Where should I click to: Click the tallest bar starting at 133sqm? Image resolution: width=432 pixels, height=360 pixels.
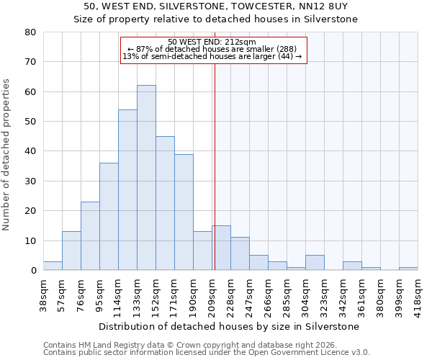pyautogui.click(x=146, y=178)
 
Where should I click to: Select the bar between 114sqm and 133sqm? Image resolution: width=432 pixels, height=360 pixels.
pyautogui.click(x=127, y=190)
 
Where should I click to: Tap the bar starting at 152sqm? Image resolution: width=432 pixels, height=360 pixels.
pyautogui.click(x=165, y=203)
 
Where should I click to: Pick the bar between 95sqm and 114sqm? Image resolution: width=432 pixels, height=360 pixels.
pyautogui.click(x=109, y=217)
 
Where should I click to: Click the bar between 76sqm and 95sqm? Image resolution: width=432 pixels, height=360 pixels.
pyautogui.click(x=90, y=236)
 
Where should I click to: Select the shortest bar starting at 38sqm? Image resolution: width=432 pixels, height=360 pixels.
pyautogui.click(x=53, y=266)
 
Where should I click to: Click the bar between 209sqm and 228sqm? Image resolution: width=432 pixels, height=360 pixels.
pyautogui.click(x=221, y=248)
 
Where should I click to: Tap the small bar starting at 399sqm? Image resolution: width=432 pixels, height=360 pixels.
pyautogui.click(x=408, y=269)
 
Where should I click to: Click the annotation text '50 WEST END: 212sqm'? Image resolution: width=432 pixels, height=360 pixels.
pyautogui.click(x=212, y=42)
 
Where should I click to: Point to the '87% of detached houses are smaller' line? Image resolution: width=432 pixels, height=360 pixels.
pyautogui.click(x=213, y=49)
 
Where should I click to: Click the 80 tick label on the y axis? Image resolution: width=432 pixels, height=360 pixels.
pyautogui.click(x=30, y=32)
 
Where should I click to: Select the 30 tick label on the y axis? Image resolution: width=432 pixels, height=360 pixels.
pyautogui.click(x=30, y=181)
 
